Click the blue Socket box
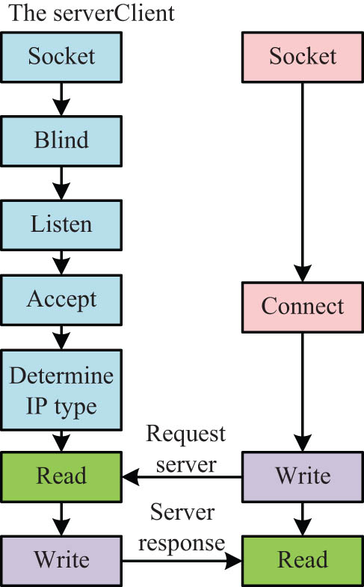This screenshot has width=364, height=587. (61, 56)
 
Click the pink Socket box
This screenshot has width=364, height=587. (303, 56)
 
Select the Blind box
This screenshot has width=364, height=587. (61, 141)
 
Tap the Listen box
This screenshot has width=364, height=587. (61, 224)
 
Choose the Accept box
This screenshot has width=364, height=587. (61, 301)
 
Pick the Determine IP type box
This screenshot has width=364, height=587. (61, 390)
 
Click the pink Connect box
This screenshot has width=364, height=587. (303, 307)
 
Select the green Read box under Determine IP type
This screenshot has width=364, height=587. (61, 476)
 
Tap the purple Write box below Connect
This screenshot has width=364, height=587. (303, 476)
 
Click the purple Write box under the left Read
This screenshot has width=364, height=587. (61, 559)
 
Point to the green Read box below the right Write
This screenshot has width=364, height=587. (303, 559)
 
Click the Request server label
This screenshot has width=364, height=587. (185, 449)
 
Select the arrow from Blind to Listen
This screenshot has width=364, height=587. (61, 182)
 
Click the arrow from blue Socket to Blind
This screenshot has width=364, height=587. (61, 98)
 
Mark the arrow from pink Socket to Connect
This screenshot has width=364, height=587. (303, 179)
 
